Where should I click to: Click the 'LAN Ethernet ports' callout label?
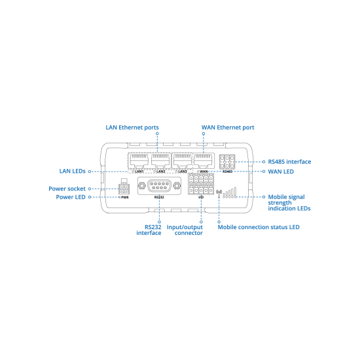pyautogui.click(x=132, y=128)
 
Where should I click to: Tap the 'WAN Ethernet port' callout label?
pyautogui.click(x=228, y=128)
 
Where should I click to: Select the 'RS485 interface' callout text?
pyautogui.click(x=289, y=162)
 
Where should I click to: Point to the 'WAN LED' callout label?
pyautogui.click(x=281, y=171)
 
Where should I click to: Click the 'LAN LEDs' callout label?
pyautogui.click(x=72, y=171)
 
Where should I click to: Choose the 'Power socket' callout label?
pyautogui.click(x=67, y=189)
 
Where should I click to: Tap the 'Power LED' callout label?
pyautogui.click(x=71, y=197)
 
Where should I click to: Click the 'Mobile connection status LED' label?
pyautogui.click(x=259, y=227)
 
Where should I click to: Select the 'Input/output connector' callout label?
pyautogui.click(x=185, y=230)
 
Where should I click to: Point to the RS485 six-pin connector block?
pyautogui.click(x=227, y=162)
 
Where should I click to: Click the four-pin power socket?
pyautogui.click(x=124, y=189)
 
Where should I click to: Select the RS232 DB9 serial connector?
pyautogui.click(x=159, y=186)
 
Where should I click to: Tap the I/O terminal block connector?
pyautogui.click(x=201, y=184)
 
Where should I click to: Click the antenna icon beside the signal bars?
pyautogui.click(x=219, y=193)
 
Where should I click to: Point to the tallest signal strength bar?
pyautogui.click(x=235, y=192)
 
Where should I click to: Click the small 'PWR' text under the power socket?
pyautogui.click(x=125, y=198)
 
